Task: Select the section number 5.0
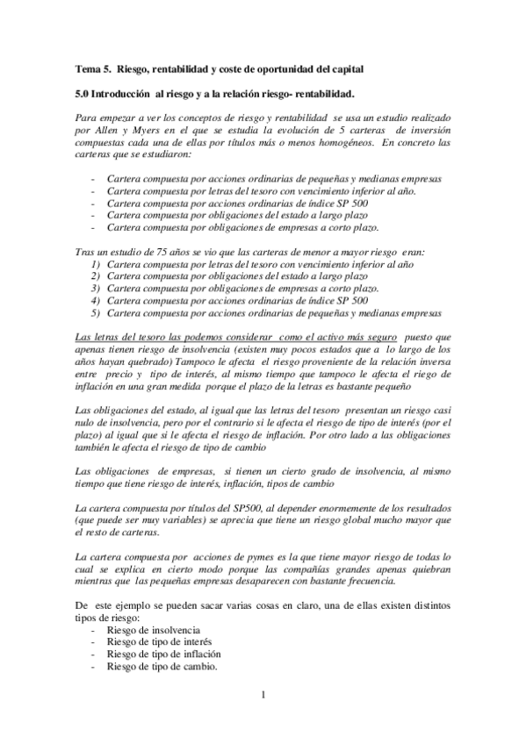83,92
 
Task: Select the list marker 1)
96,263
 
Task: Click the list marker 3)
96,288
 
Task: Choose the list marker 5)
96,312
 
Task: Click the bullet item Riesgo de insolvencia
153,631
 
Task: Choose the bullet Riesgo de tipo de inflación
162,655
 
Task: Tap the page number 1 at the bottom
263,697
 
